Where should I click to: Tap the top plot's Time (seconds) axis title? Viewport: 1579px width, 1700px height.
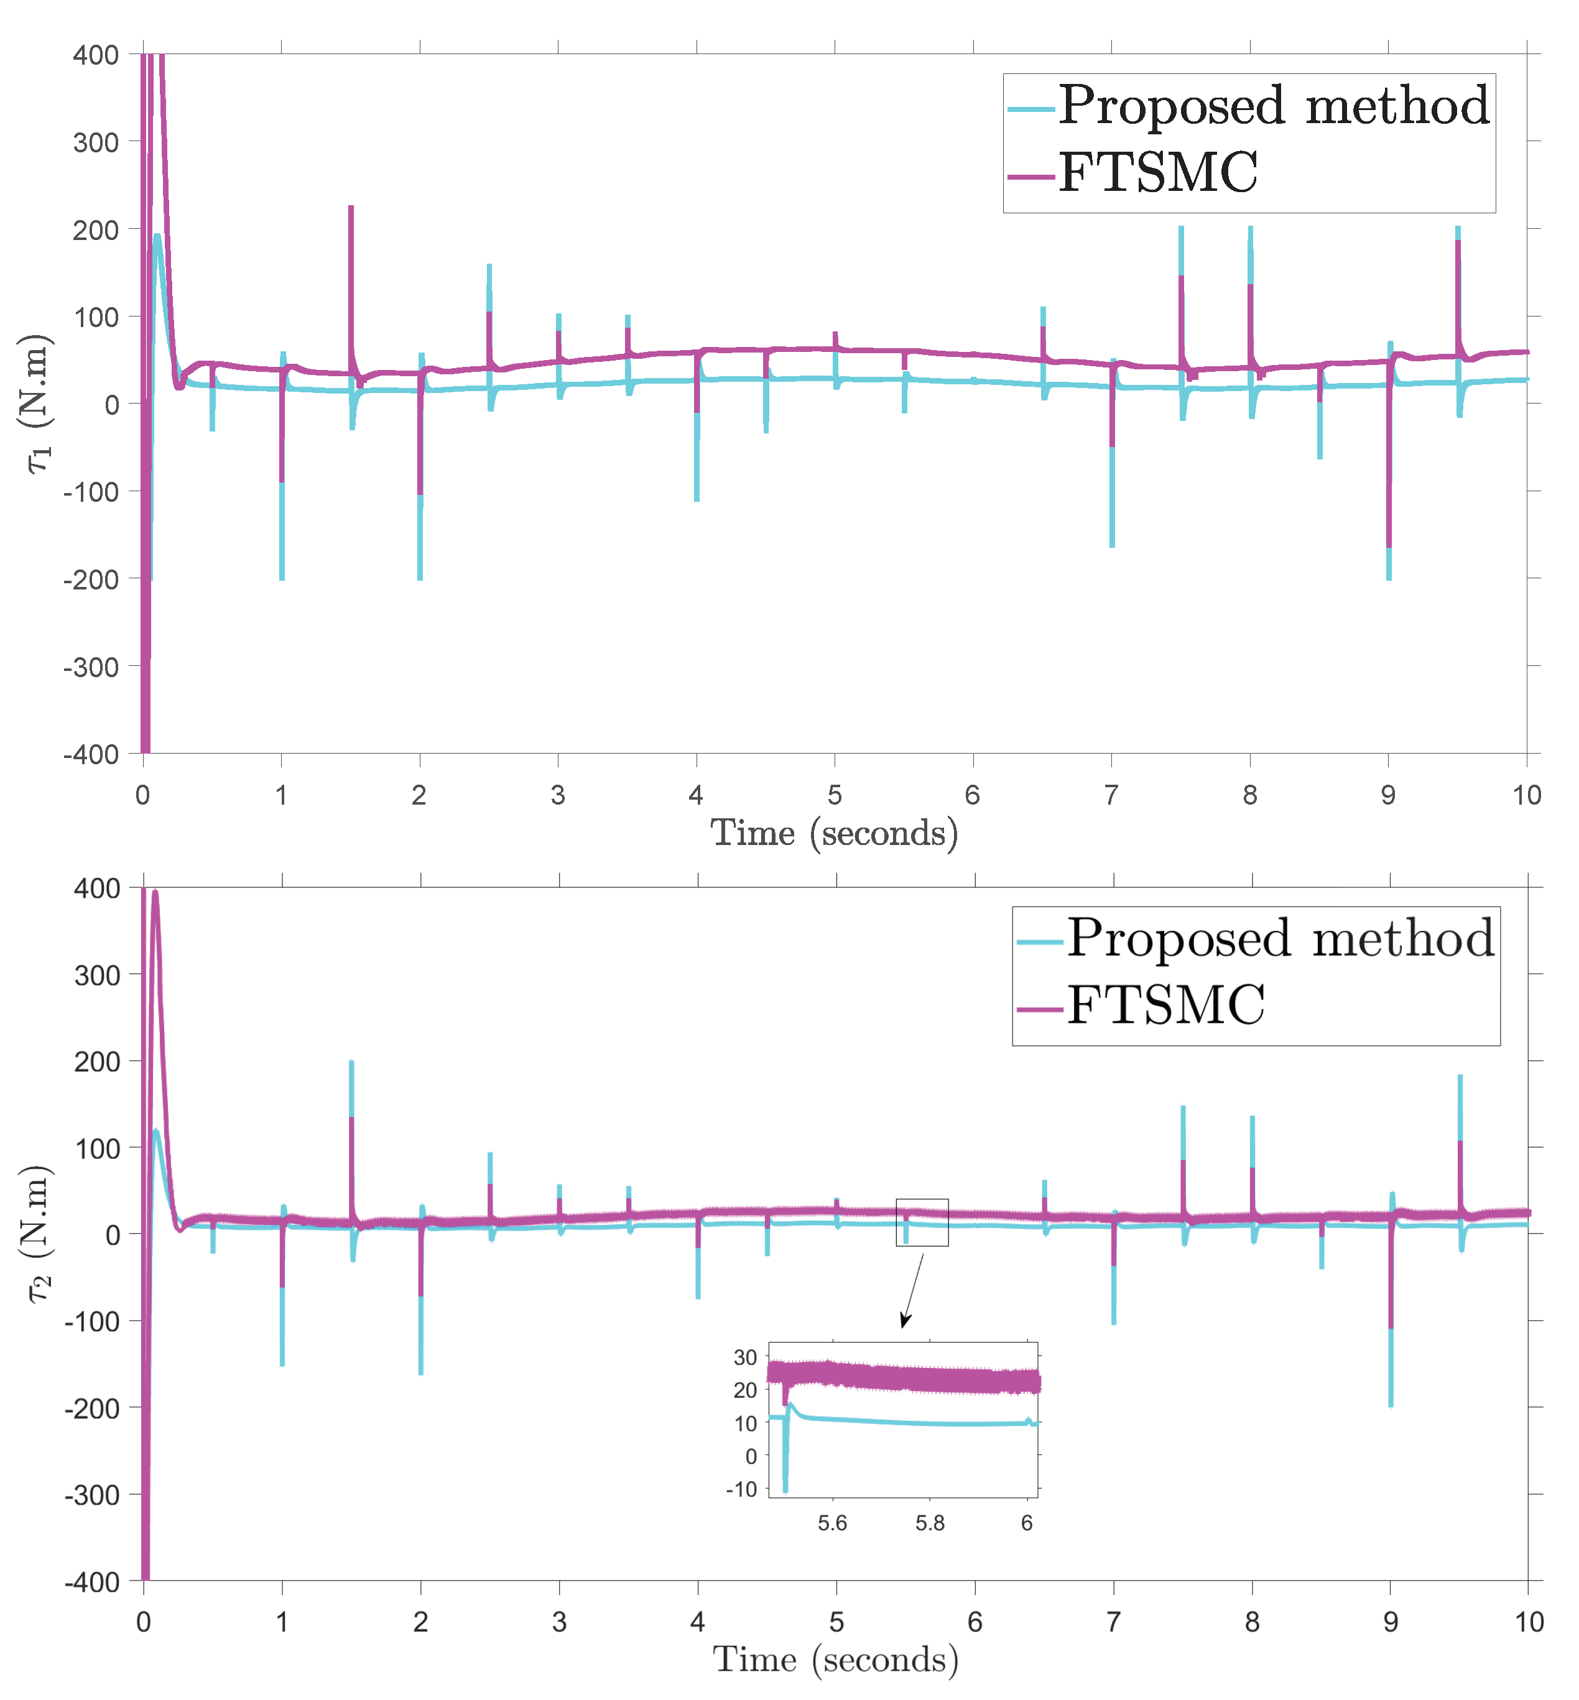[834, 833]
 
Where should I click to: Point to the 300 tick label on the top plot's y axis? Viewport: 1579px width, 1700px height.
[96, 142]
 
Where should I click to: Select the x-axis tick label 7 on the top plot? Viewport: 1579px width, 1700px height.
[1111, 796]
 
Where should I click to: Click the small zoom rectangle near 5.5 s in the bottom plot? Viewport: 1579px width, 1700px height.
[922, 1222]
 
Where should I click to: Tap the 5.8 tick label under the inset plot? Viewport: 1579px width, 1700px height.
[930, 1523]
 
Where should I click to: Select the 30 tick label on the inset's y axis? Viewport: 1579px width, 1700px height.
[745, 1357]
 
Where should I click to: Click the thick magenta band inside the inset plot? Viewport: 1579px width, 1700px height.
[905, 1378]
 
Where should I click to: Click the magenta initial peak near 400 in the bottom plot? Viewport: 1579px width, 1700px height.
[155, 894]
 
